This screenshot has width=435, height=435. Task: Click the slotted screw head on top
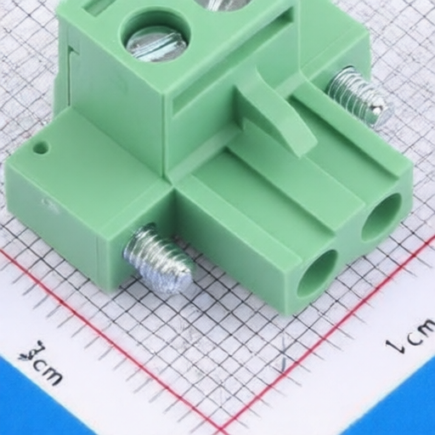coord(156,41)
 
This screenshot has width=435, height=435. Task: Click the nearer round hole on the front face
coord(317,272)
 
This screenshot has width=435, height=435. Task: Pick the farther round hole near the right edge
coord(381,217)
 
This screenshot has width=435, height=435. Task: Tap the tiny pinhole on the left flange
coord(40,148)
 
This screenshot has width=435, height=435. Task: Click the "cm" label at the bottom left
coord(41,364)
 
